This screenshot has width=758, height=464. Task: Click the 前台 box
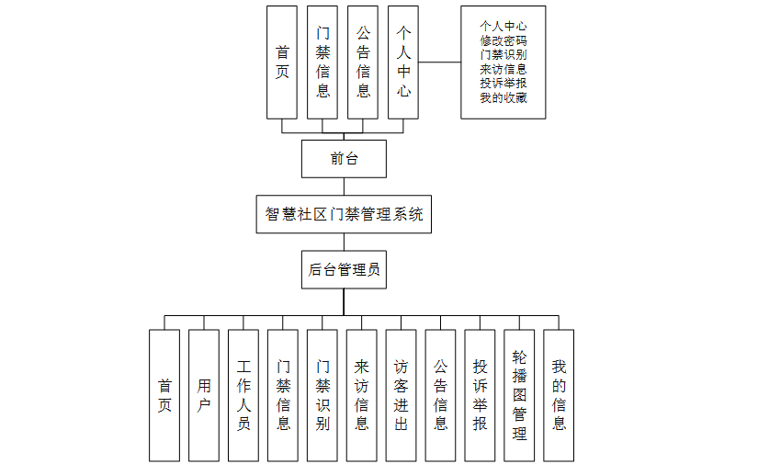tap(344, 159)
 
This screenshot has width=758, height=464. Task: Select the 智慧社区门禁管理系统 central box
tap(344, 215)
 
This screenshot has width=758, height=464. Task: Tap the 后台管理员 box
tap(344, 270)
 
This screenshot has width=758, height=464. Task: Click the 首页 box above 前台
tap(282, 62)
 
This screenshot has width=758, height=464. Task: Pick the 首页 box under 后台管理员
tap(164, 395)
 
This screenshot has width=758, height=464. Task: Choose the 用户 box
tap(204, 395)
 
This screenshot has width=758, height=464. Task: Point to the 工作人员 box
tap(243, 395)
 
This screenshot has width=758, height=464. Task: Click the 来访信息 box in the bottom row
tap(362, 395)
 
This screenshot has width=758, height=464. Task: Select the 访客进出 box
tap(402, 395)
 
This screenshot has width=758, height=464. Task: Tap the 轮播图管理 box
tap(520, 395)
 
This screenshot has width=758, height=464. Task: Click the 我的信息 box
tap(559, 395)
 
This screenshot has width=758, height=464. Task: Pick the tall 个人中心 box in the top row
tap(403, 62)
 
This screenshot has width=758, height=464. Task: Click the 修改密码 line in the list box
tap(503, 40)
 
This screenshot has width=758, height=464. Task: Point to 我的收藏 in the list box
tap(503, 97)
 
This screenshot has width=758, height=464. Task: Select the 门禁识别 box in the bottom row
tap(322, 395)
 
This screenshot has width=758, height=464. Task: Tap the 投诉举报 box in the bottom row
tap(481, 395)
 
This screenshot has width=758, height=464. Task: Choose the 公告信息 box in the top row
tap(363, 62)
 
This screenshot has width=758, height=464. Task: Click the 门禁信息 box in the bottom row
tap(283, 395)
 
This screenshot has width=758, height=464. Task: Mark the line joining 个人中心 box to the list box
tap(440, 62)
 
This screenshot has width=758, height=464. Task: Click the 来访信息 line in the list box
tap(503, 69)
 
